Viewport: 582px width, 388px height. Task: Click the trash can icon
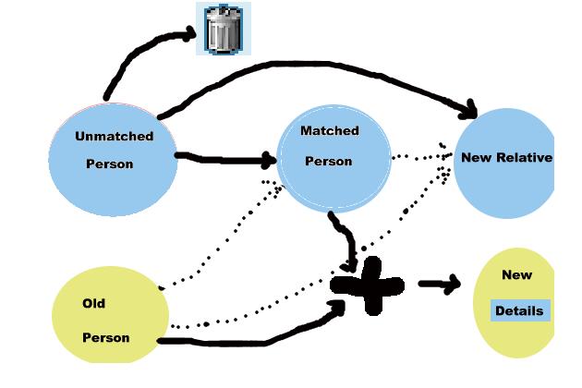click(223, 30)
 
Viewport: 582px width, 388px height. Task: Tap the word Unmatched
click(114, 136)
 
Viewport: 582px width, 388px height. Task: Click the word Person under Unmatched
click(110, 164)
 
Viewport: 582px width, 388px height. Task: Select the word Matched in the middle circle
click(330, 131)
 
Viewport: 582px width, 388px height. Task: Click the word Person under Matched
click(329, 161)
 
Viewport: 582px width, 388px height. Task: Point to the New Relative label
click(505, 157)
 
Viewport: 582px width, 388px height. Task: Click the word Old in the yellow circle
click(94, 303)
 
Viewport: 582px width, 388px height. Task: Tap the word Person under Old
click(106, 337)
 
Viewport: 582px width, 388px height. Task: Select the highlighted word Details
click(519, 310)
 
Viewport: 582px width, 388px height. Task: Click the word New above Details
click(517, 274)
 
